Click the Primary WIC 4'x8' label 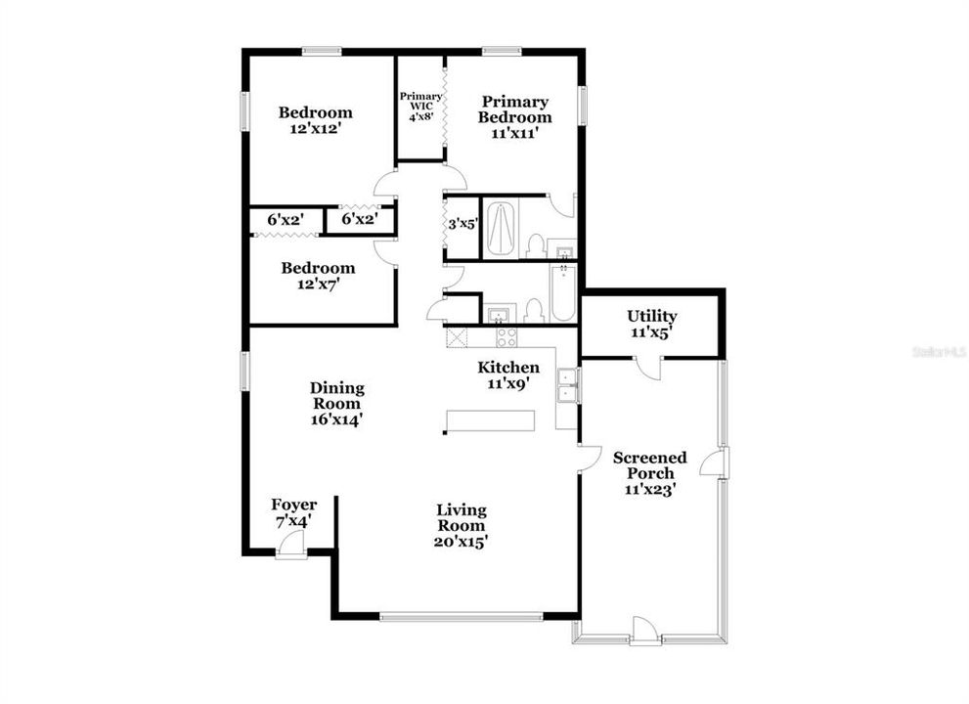pyautogui.click(x=420, y=106)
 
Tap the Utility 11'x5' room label pyautogui.click(x=651, y=324)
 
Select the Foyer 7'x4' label pyautogui.click(x=293, y=513)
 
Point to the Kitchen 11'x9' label pyautogui.click(x=508, y=375)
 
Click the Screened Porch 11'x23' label pyautogui.click(x=649, y=473)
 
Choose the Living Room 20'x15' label pyautogui.click(x=461, y=526)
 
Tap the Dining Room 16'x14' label pyautogui.click(x=336, y=404)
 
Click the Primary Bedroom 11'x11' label pyautogui.click(x=514, y=117)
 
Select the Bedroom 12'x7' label pyautogui.click(x=318, y=276)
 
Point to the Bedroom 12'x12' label pyautogui.click(x=316, y=120)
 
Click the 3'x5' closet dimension pyautogui.click(x=462, y=224)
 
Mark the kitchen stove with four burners pyautogui.click(x=507, y=337)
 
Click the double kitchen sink pyautogui.click(x=567, y=385)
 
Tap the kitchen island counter pyautogui.click(x=490, y=420)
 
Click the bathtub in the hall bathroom pyautogui.click(x=563, y=293)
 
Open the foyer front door pyautogui.click(x=291, y=549)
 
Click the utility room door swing pyautogui.click(x=648, y=369)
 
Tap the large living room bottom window pyautogui.click(x=461, y=616)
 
